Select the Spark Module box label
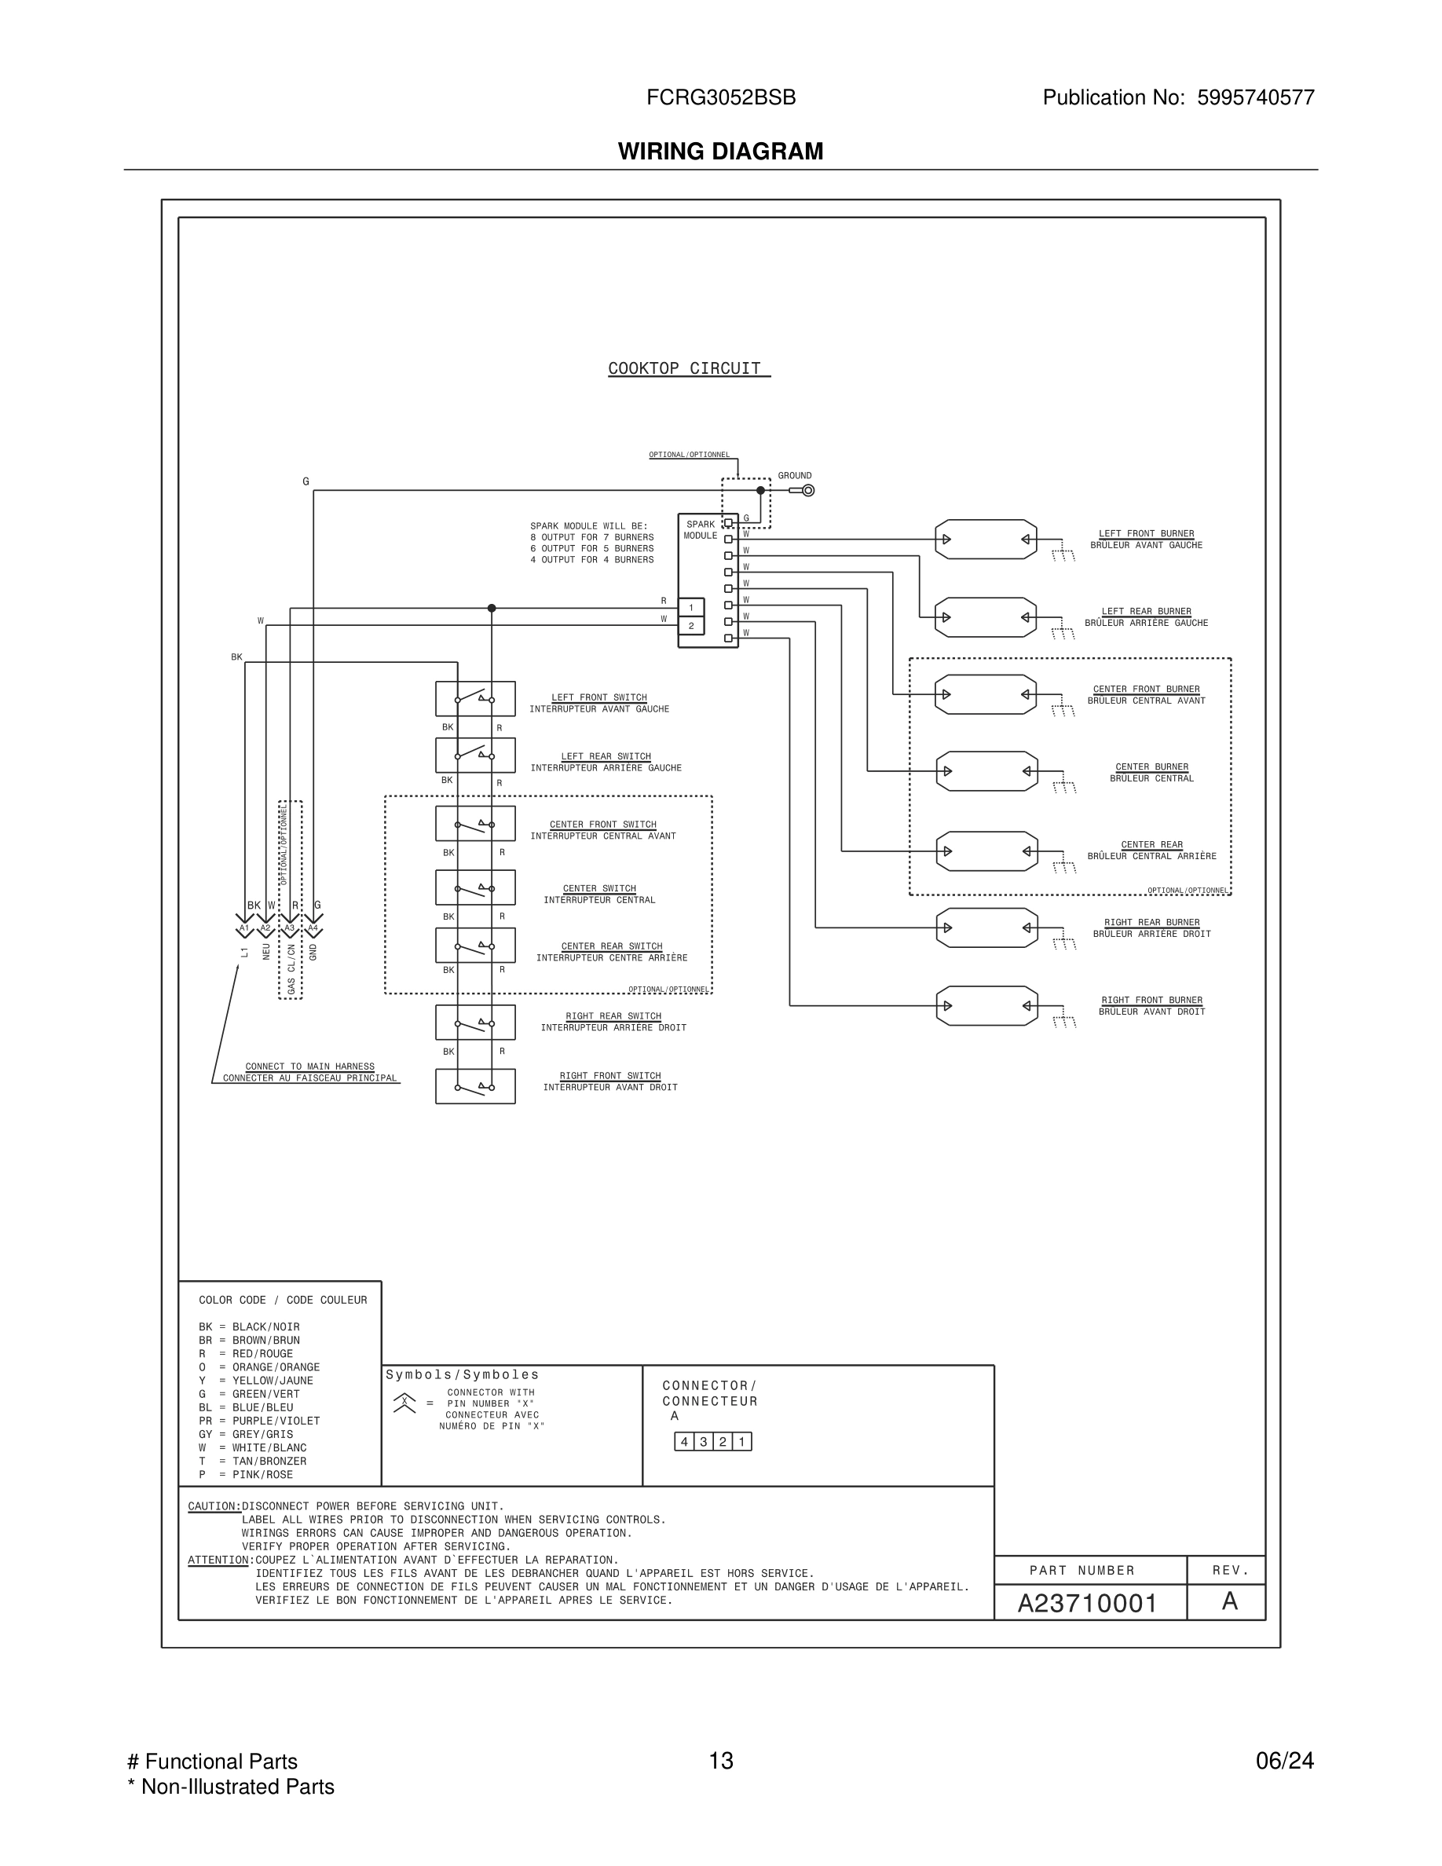point(701,530)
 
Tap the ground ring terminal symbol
point(808,490)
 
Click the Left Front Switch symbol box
point(475,699)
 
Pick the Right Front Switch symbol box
point(475,1086)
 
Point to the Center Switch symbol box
point(475,887)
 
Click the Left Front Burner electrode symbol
point(986,539)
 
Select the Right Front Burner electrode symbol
point(986,1005)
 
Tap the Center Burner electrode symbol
point(986,771)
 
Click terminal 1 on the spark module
point(691,608)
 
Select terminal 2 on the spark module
point(691,626)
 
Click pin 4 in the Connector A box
point(684,1442)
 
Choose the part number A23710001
point(1087,1604)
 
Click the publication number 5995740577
point(1255,97)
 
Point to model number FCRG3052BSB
point(721,97)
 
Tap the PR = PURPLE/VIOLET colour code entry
point(259,1421)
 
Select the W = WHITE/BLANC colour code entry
point(252,1448)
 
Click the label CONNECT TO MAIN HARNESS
point(309,1067)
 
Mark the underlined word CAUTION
point(214,1506)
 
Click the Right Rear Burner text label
point(1151,923)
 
